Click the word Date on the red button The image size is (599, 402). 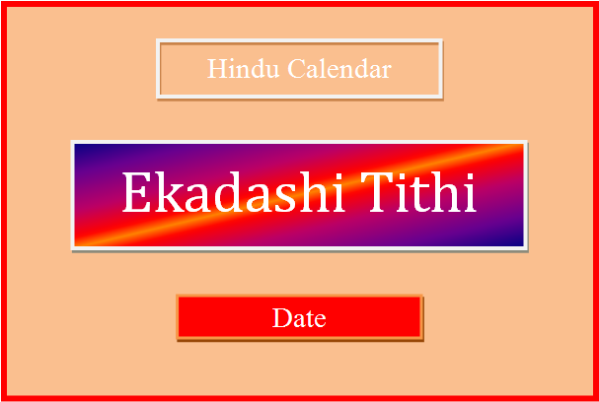299,318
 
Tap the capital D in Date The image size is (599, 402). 280,318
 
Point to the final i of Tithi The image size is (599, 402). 470,193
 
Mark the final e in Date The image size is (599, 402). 319,320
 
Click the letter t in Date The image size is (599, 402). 307,319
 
